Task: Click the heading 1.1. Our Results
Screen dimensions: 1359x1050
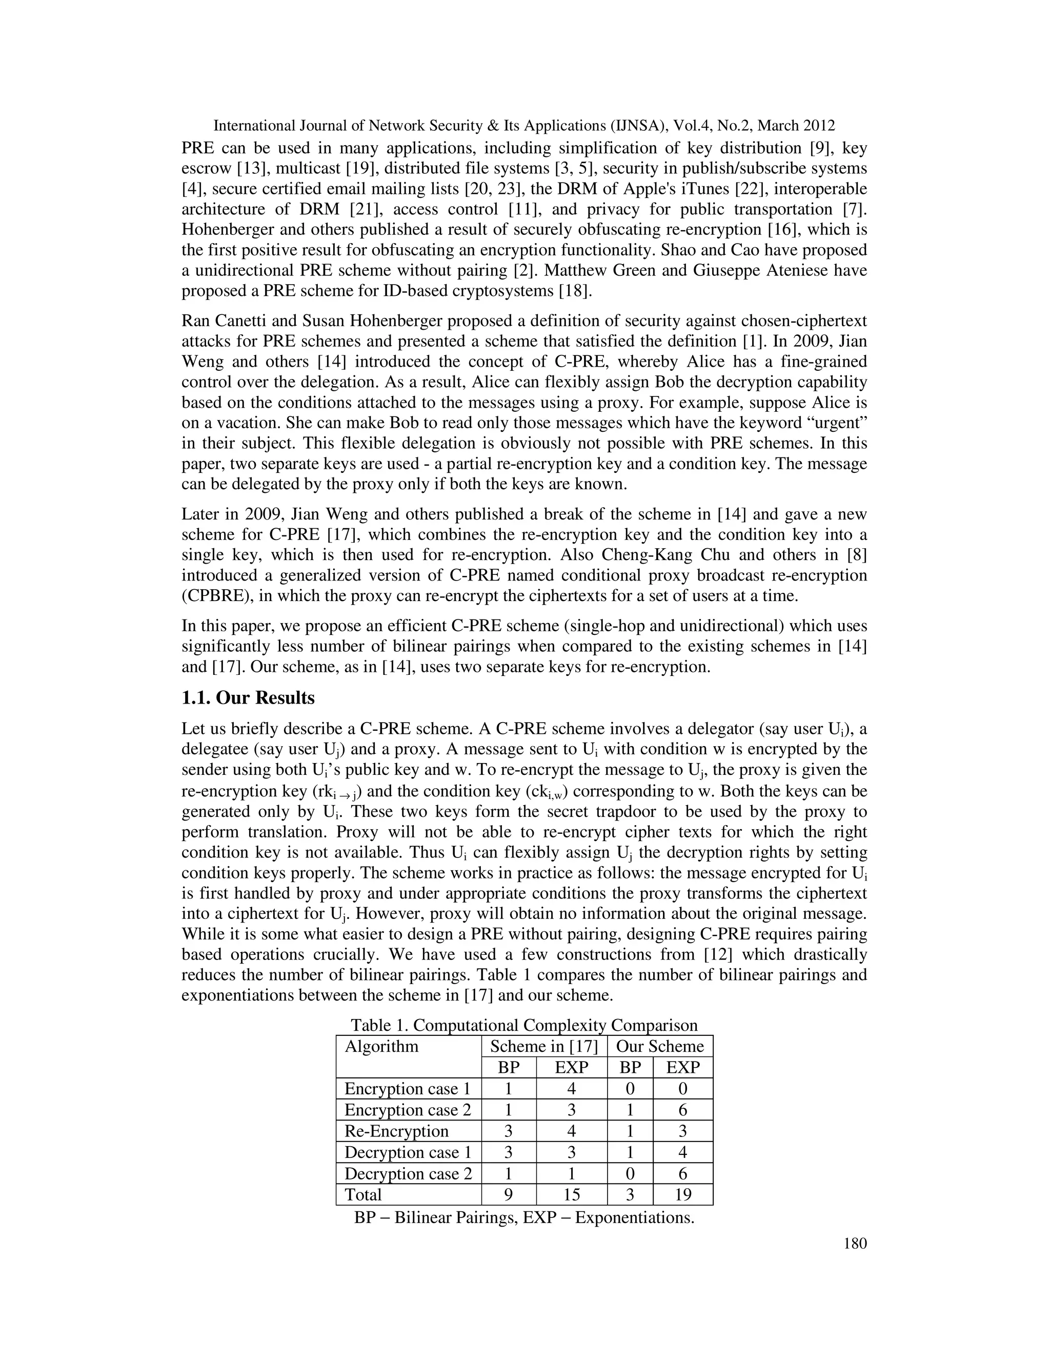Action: pos(248,698)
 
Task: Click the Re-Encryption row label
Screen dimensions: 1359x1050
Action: pos(396,1131)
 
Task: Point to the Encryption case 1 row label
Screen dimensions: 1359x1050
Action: pos(408,1088)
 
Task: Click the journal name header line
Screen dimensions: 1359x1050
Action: pos(524,126)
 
